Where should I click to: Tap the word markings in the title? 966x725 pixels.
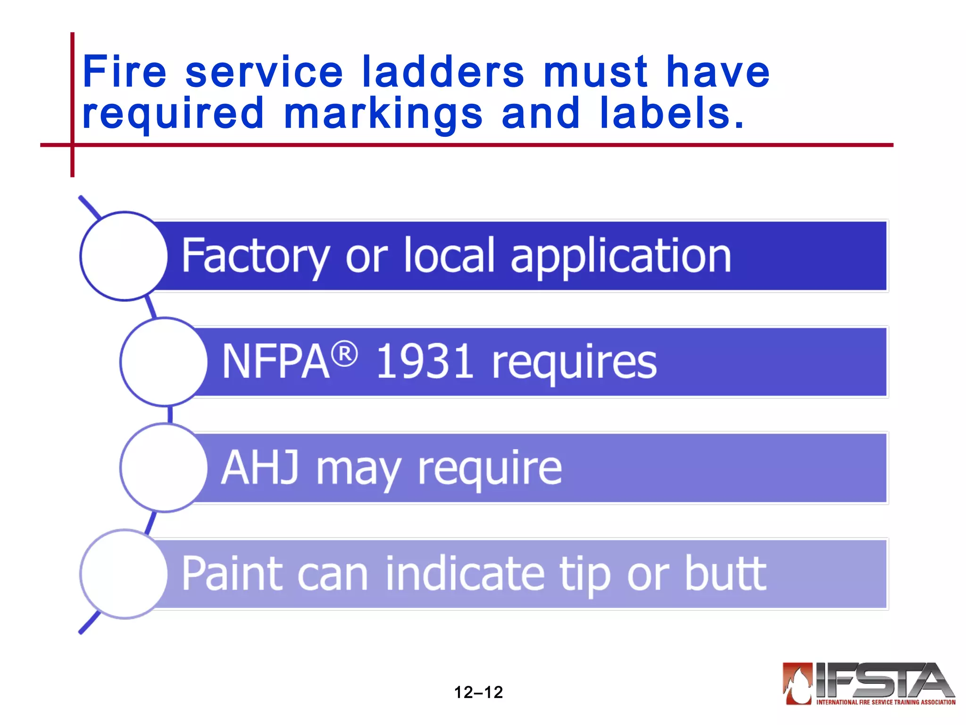383,114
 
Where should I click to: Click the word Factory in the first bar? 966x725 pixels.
255,256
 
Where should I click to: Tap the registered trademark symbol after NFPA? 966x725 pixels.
345,354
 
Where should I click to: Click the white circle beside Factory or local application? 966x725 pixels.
124,256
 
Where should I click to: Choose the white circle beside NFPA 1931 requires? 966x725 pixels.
164,362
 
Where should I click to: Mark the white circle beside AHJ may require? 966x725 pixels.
164,468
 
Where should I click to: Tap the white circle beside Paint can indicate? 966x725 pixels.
124,574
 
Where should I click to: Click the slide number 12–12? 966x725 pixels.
478,692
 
